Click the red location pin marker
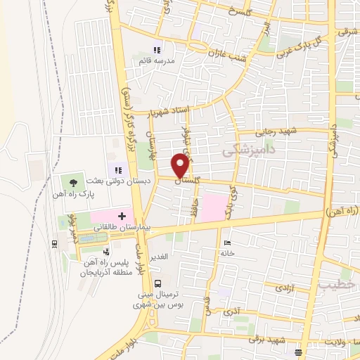(181, 165)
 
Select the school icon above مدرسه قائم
(157, 50)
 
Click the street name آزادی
(283, 288)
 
